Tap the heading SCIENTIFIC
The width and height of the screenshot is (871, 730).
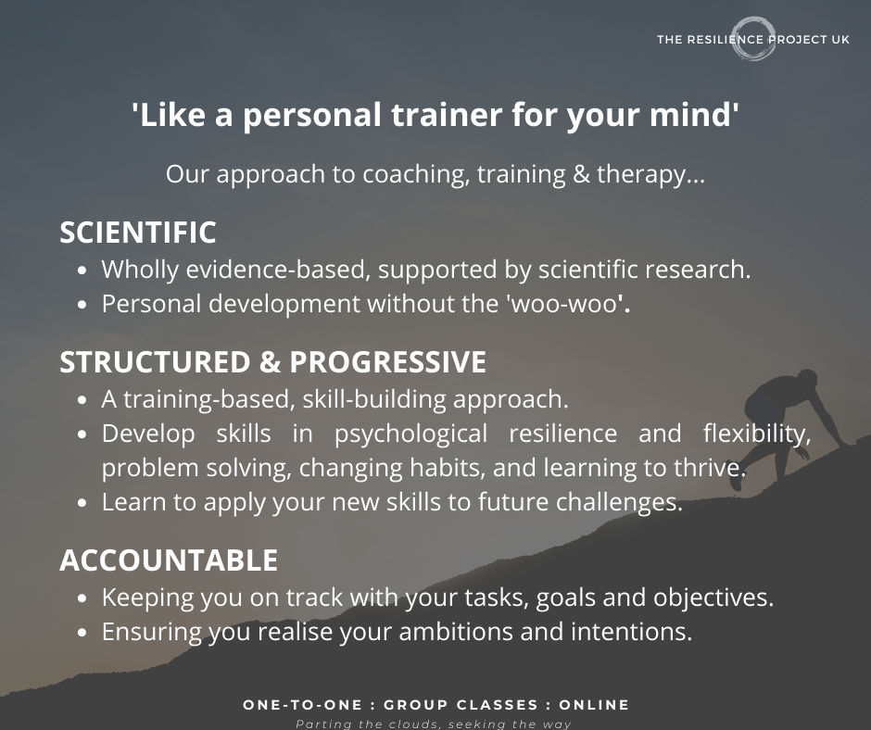tap(138, 233)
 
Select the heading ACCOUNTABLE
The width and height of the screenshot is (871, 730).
tap(169, 560)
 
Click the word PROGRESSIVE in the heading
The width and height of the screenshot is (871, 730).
tap(387, 362)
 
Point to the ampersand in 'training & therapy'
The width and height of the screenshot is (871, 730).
tap(580, 174)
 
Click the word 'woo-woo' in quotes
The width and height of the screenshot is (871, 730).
tap(563, 304)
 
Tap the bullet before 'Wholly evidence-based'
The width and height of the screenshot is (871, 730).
tap(82, 271)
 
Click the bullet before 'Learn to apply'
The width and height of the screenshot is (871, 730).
tap(82, 503)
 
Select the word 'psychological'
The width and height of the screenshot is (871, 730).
tap(411, 434)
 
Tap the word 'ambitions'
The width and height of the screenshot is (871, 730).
tap(456, 632)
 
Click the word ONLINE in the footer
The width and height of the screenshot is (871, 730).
tap(594, 705)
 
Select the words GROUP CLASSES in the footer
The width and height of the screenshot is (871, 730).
tap(461, 705)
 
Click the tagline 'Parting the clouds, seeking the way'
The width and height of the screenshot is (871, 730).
tap(434, 724)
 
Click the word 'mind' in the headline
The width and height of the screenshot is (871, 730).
tap(690, 115)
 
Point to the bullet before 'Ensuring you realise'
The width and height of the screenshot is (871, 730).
tap(82, 633)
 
